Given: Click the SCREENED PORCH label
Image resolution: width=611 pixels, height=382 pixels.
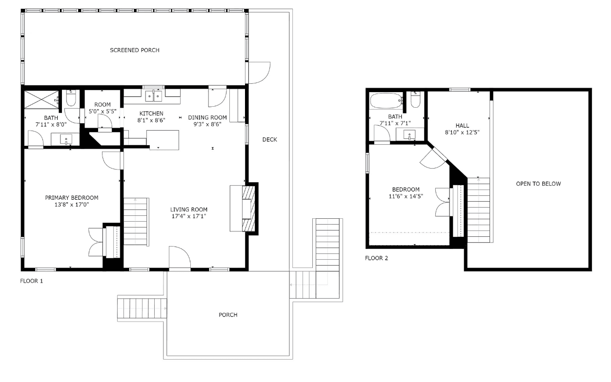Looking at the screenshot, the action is click(135, 50).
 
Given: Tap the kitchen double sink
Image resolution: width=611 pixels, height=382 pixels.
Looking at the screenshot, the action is click(154, 96).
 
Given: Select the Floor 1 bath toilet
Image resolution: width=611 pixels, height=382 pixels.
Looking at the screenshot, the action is click(71, 98).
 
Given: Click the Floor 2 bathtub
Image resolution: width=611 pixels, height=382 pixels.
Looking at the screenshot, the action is click(386, 101).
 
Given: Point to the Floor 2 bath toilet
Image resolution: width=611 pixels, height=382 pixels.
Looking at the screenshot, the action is click(415, 100).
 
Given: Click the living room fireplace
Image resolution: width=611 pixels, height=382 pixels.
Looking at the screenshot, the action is click(248, 209).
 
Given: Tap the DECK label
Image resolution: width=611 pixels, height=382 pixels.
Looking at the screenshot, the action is click(269, 140).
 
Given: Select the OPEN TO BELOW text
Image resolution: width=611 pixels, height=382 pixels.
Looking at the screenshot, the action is click(538, 184).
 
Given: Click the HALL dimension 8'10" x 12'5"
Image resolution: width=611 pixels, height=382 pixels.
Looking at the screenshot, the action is click(462, 133).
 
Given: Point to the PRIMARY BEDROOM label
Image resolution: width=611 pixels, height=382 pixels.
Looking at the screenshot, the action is click(71, 198).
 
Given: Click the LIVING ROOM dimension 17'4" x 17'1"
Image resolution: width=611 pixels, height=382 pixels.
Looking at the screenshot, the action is click(188, 216).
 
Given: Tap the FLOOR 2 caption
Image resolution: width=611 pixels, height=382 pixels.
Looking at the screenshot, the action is click(376, 258).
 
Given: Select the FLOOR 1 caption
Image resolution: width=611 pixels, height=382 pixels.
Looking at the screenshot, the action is click(31, 281).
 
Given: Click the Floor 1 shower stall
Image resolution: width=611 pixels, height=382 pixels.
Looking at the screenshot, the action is click(41, 100).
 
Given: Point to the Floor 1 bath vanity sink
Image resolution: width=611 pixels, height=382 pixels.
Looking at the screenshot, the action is click(66, 139).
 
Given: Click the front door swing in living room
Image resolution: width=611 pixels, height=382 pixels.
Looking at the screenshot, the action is click(180, 257).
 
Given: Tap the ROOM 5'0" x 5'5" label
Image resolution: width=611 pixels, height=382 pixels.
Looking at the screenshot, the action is click(102, 108).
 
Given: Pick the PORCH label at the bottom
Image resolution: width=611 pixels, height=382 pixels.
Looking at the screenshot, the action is click(228, 315).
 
